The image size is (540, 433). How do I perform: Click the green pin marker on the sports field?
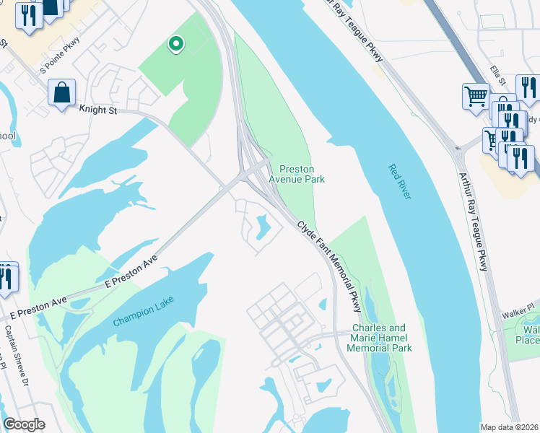175,45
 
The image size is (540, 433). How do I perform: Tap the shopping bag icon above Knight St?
62,93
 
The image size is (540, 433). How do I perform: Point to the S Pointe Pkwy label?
61,56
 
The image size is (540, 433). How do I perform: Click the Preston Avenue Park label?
297,174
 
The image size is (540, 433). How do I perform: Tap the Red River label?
399,182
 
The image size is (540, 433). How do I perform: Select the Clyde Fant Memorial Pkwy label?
328,265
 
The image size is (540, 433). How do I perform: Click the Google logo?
24,424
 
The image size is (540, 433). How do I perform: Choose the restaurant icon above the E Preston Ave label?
6,277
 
